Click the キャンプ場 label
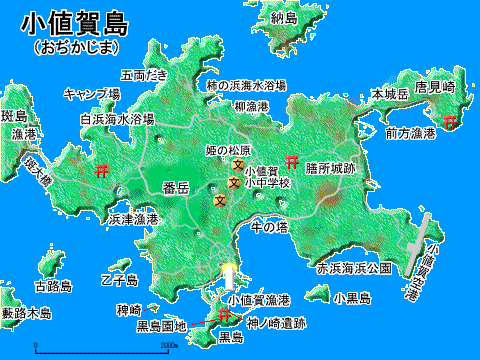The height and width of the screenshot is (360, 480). (92, 94)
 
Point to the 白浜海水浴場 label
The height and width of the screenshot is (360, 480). (116, 118)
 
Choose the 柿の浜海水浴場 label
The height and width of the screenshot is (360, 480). (245, 86)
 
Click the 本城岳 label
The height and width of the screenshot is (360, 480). (390, 94)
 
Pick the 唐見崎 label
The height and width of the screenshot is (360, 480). (436, 87)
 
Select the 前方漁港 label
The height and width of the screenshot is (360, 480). (411, 133)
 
